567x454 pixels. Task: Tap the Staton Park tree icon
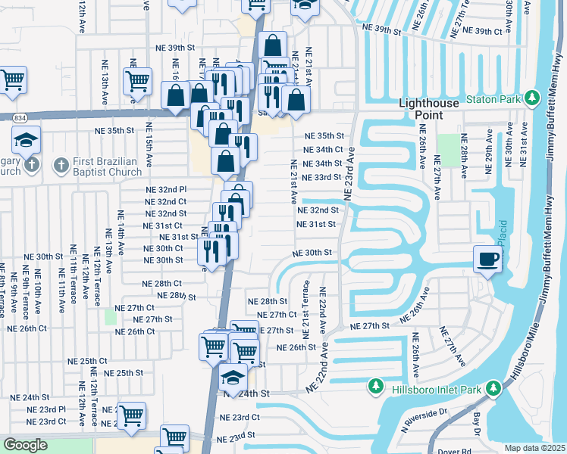pyautogui.click(x=532, y=98)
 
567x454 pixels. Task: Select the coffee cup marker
pyautogui.click(x=487, y=259)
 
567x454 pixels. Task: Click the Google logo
pyautogui.click(x=25, y=445)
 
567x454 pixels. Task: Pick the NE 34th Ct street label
pyautogui.click(x=324, y=150)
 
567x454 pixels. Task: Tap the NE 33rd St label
pyautogui.click(x=321, y=177)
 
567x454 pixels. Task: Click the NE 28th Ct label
pyautogui.click(x=162, y=283)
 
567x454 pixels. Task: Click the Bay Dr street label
pyautogui.click(x=478, y=418)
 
